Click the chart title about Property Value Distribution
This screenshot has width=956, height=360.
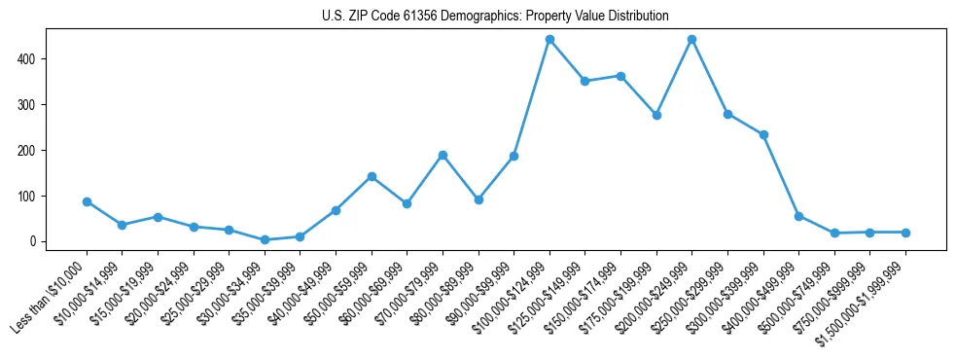[x=495, y=16]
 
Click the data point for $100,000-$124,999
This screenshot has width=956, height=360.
[x=549, y=40]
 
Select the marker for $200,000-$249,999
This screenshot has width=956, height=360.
[x=691, y=40]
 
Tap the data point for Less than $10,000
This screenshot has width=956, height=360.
[x=87, y=201]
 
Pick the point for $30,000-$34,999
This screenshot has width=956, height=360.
[x=265, y=239]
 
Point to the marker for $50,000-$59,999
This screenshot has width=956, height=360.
[x=372, y=176]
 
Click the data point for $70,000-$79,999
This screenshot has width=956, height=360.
[x=443, y=155]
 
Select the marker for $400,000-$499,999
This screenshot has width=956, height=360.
[x=798, y=216]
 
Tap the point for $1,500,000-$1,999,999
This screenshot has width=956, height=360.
[x=905, y=233]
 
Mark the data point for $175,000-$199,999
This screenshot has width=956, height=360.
[x=656, y=115]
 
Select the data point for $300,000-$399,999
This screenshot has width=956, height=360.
[x=763, y=134]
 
